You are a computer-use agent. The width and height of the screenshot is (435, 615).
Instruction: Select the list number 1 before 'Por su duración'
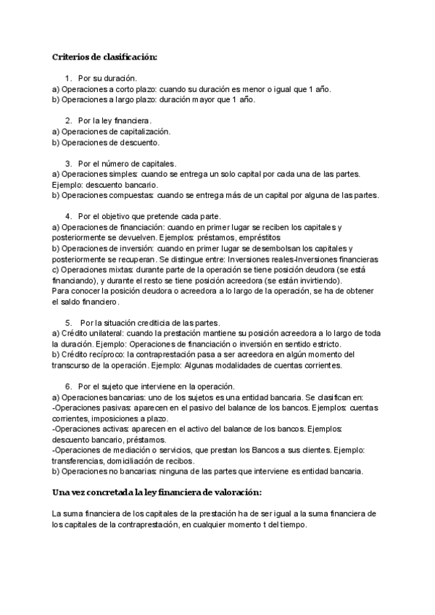[68, 77]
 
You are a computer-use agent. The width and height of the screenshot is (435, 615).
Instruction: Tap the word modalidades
[242, 366]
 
